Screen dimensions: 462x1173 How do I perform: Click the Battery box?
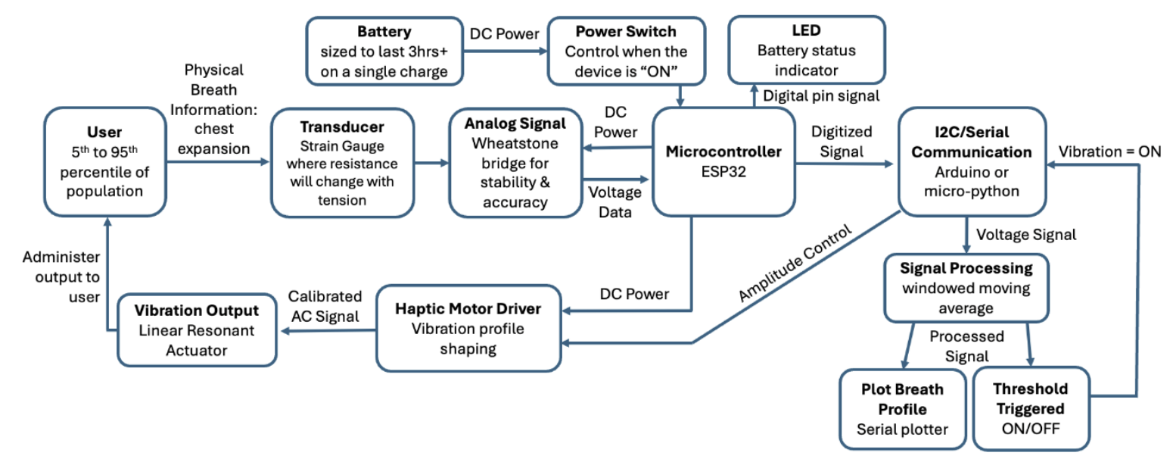(384, 51)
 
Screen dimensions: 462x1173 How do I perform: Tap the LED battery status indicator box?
(807, 50)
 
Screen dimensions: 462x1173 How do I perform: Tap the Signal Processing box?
(966, 287)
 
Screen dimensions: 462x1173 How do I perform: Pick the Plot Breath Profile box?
(902, 409)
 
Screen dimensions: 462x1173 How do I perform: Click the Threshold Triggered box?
(1030, 409)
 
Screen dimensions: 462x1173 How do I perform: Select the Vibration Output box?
(196, 330)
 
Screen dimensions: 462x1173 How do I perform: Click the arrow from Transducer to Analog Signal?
(431, 161)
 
